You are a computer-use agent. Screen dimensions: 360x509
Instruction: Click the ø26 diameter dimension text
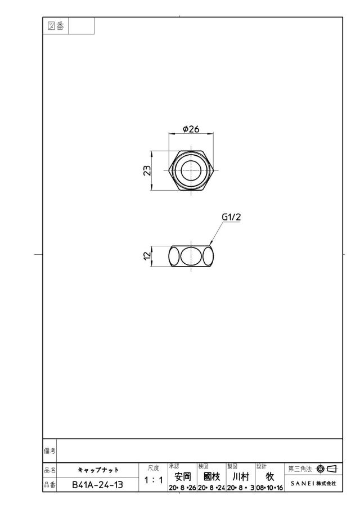coord(191,129)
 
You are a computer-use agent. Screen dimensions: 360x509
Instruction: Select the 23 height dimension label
coord(147,170)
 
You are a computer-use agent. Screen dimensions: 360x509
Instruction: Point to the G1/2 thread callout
coord(231,217)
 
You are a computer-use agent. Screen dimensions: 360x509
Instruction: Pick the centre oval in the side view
coord(191,256)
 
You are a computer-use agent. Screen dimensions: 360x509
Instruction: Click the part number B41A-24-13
coord(97,485)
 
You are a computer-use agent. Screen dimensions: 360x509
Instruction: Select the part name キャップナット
coord(98,470)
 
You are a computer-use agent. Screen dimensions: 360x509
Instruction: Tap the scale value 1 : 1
coord(154,480)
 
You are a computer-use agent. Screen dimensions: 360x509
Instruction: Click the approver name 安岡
coord(183,476)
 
